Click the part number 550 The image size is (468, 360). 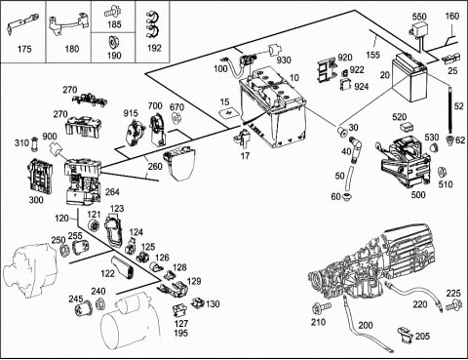point(419,17)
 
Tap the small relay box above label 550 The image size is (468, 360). point(418,28)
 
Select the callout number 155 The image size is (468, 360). point(372,54)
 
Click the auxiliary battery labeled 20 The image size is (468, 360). point(410,78)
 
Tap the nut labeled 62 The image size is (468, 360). point(449,140)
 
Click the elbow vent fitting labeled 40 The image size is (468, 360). point(355,149)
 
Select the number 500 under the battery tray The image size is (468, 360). point(418,194)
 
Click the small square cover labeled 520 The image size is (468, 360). point(407,127)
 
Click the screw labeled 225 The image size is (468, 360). point(453,305)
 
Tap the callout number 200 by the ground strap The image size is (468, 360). point(366,325)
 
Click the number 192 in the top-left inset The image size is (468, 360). point(154,48)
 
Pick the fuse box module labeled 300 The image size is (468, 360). point(39,176)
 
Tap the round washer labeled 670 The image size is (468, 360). point(175,118)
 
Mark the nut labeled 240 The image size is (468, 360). point(99,303)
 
